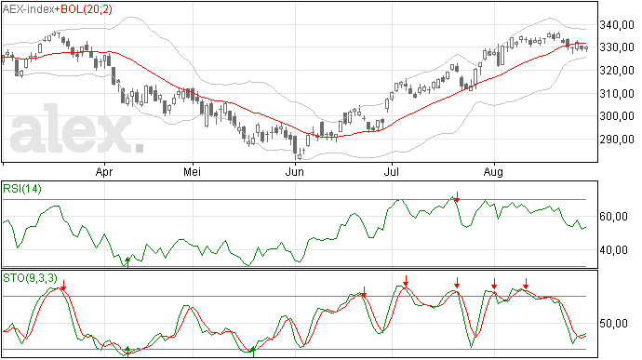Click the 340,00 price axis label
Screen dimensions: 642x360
coord(617,25)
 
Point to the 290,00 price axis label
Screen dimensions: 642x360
coord(617,140)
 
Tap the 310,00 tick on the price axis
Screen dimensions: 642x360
coord(617,94)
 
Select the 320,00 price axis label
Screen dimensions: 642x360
coord(617,71)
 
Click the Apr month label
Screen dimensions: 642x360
coord(104,171)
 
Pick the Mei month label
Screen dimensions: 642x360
coord(192,171)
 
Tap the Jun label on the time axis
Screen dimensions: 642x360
coord(294,171)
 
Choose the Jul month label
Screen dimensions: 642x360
coord(392,171)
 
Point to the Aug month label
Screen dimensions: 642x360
coord(493,171)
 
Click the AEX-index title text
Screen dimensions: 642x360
coord(28,9)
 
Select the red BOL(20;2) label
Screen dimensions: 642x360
coord(86,9)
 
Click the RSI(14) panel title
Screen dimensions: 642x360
coord(22,189)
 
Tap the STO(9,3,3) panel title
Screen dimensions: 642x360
coord(31,278)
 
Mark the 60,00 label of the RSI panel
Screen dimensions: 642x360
coord(613,216)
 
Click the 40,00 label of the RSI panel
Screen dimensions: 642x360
coord(613,250)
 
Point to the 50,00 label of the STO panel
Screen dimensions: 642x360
coord(613,324)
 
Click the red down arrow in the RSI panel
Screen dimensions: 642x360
coord(457,196)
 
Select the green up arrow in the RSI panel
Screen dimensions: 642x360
coord(127,262)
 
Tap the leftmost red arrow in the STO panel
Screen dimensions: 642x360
coord(63,285)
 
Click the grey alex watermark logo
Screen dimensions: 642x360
coord(77,128)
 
